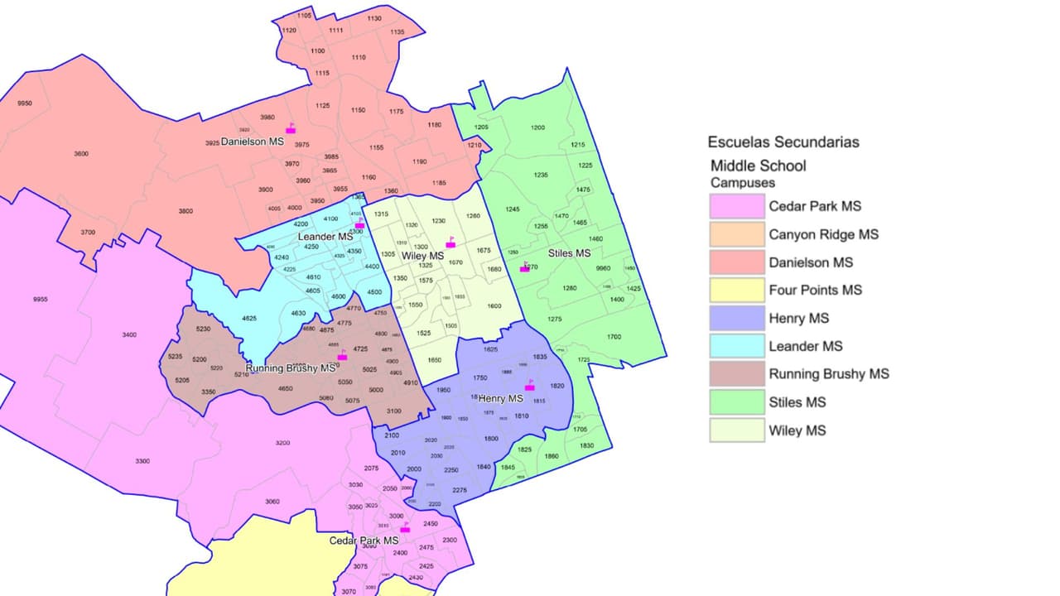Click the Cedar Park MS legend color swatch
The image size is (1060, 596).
click(x=737, y=206)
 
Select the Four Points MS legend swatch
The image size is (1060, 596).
click(x=737, y=290)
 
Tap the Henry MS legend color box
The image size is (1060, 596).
click(x=737, y=318)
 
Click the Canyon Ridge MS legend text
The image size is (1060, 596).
click(x=823, y=234)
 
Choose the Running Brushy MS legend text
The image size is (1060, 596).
click(x=829, y=374)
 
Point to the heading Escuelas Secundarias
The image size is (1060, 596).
click(x=783, y=142)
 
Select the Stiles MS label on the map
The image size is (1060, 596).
click(x=570, y=252)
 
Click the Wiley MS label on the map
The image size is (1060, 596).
click(x=422, y=257)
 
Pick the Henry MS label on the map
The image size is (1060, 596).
click(x=501, y=398)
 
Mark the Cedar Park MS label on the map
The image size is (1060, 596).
click(x=364, y=541)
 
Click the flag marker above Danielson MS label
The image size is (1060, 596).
click(x=291, y=128)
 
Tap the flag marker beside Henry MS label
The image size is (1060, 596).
click(x=530, y=386)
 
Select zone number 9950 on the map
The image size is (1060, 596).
click(x=25, y=103)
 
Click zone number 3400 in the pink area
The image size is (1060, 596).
click(x=129, y=334)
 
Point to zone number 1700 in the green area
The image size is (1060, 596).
click(x=614, y=337)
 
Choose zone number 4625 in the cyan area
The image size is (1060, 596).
click(x=248, y=319)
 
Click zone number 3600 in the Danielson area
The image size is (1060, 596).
click(x=81, y=154)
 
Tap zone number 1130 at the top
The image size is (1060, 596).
click(x=374, y=18)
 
